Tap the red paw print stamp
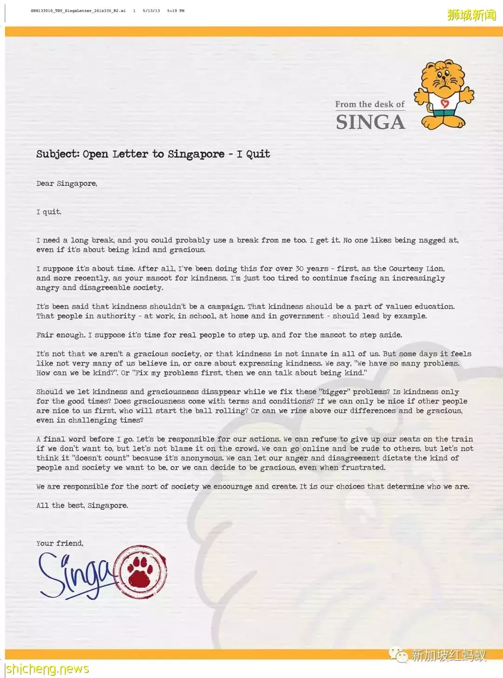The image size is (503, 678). click(140, 572)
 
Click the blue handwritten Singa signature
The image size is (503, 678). click(75, 575)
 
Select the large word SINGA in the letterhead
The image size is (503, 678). click(370, 122)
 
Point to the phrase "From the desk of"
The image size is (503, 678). click(370, 104)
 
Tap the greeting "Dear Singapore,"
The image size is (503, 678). click(67, 183)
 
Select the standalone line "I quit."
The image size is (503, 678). click(49, 212)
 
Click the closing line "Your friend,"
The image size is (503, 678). click(60, 543)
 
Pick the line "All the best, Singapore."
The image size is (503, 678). click(82, 505)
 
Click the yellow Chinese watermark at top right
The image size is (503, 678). click(471, 15)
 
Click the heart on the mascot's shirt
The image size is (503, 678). click(444, 103)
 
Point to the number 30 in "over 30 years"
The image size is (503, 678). click(299, 269)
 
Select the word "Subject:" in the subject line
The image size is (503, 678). click(58, 154)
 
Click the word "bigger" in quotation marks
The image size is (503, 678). click(335, 392)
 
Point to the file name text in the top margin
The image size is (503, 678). click(78, 10)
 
